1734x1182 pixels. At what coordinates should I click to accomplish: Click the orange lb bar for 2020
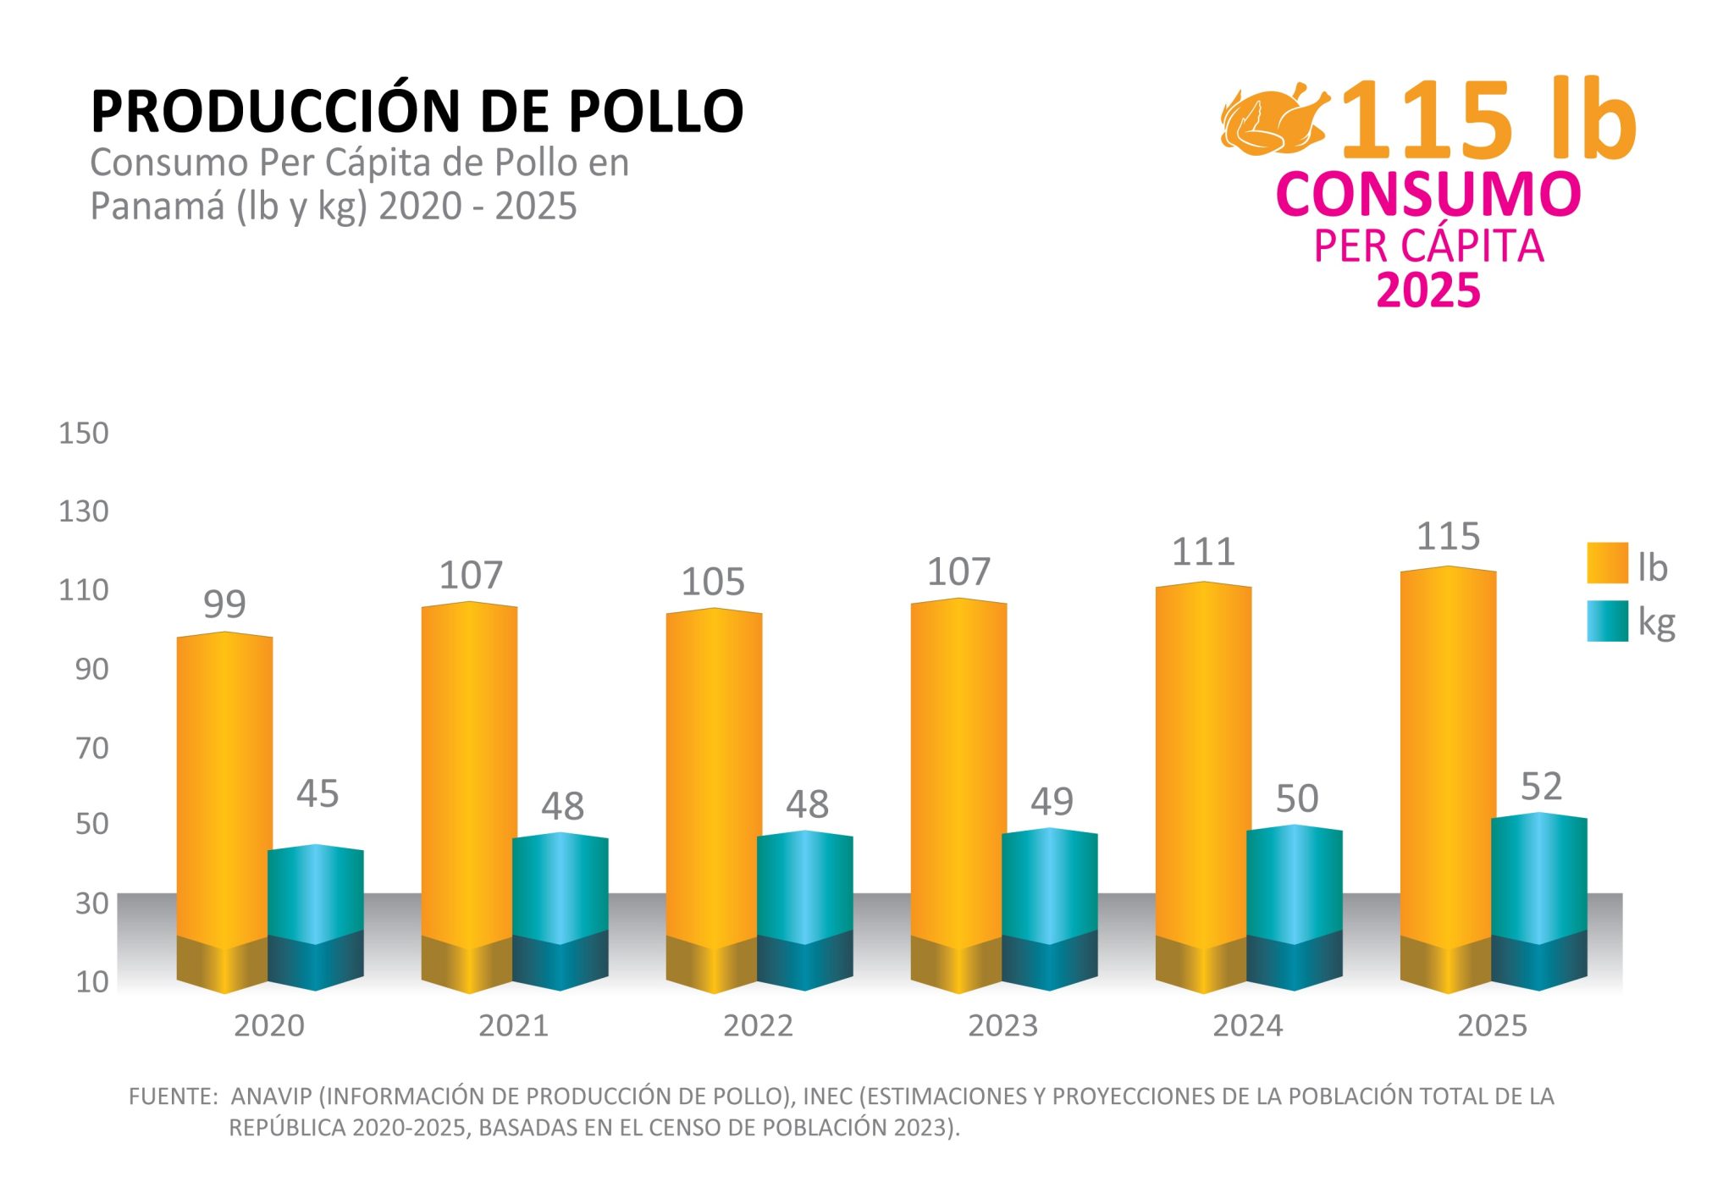[224, 787]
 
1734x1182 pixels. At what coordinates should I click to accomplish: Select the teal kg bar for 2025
[1538, 881]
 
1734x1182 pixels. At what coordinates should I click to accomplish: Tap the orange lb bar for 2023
[958, 771]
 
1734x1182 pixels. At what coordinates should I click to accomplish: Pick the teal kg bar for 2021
[560, 889]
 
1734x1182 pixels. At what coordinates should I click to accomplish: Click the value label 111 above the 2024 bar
[1203, 552]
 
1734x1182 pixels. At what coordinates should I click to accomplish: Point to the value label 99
[224, 605]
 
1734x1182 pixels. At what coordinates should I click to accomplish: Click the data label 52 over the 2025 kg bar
[1541, 787]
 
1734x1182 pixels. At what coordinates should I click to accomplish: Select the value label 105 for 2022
[713, 582]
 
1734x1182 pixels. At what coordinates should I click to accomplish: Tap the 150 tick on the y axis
[83, 434]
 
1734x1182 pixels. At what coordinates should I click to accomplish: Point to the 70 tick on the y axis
[91, 748]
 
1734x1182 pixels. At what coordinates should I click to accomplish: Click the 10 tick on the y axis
[91, 982]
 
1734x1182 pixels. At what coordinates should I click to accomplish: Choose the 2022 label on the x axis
[758, 1026]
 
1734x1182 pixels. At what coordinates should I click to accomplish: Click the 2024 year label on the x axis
[1247, 1026]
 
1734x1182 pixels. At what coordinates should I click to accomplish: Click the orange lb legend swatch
[1607, 563]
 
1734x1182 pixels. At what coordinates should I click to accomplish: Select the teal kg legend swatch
[1607, 621]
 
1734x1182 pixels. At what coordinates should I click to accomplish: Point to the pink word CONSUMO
[1428, 194]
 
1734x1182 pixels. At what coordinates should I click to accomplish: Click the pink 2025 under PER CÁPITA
[1428, 290]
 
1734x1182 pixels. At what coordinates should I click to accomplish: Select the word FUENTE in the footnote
[173, 1096]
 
